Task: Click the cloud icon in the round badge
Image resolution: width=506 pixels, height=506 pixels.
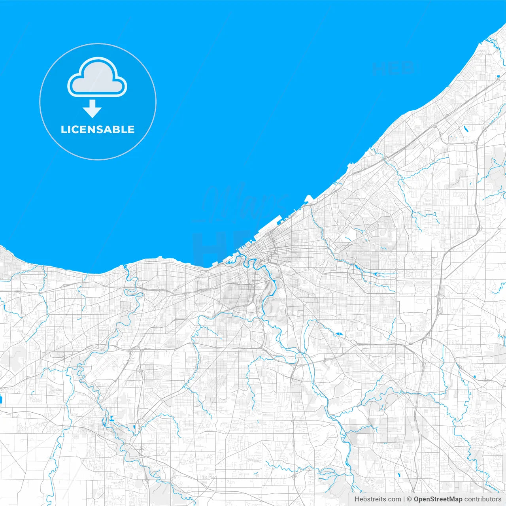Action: point(97,77)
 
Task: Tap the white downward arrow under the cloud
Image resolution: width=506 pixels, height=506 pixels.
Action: point(92,109)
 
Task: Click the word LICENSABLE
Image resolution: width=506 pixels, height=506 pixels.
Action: point(98,130)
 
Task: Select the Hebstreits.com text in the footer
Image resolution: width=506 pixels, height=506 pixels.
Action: point(378,499)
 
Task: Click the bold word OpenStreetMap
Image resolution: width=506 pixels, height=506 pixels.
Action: point(438,499)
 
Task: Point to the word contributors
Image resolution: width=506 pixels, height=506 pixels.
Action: point(483,499)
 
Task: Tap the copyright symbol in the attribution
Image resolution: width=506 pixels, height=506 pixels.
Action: point(409,499)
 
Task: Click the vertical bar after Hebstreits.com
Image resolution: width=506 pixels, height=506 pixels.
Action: point(404,499)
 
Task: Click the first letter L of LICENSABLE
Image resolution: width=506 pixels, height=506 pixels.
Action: point(64,130)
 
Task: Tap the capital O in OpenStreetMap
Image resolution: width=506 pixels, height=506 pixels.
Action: point(417,499)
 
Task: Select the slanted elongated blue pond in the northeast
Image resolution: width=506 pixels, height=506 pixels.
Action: point(466,128)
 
